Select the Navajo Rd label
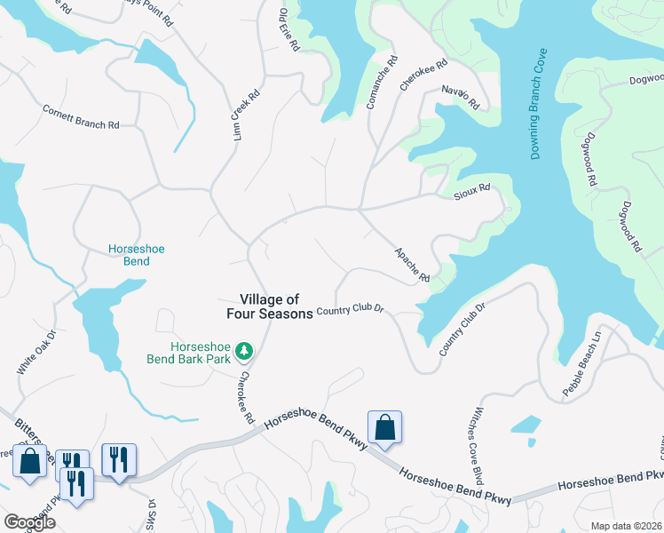point(460,97)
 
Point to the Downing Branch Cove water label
point(541,105)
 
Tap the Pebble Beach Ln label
point(581,365)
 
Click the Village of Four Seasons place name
point(269,306)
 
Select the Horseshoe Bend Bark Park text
point(188,353)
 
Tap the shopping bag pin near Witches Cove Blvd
point(384,428)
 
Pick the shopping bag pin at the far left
point(29,462)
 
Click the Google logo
point(28,522)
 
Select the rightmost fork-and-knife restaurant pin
point(119,459)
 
